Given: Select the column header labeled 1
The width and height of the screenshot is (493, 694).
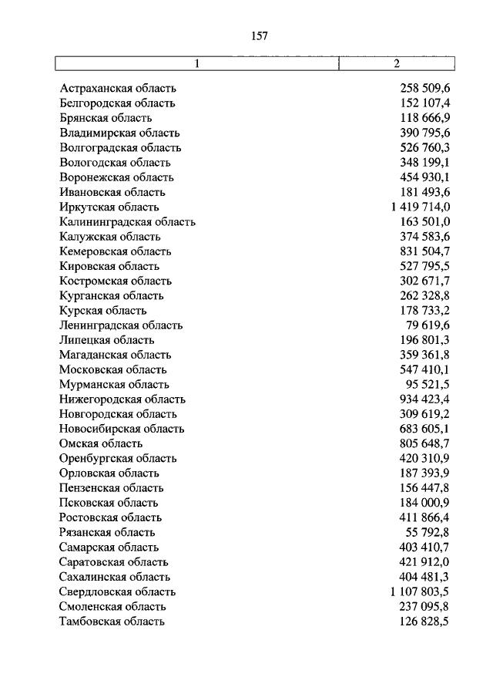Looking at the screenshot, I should [x=197, y=64].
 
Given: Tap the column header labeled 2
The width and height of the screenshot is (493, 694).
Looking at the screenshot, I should [x=396, y=64].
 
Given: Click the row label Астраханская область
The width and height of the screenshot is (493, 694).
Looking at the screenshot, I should [x=118, y=89].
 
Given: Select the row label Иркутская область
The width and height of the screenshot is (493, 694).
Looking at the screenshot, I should [x=109, y=207].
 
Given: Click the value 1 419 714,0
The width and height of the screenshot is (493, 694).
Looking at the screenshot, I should [x=420, y=207].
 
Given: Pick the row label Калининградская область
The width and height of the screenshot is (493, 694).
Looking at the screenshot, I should [x=127, y=222].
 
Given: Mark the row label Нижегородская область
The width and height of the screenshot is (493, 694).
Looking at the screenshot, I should [x=122, y=399].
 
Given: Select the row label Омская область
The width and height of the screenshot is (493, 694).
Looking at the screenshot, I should [x=101, y=443].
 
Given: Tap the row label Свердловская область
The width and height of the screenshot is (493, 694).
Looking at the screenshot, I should [x=117, y=591].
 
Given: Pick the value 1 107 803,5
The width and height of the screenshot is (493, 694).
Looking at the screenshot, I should [x=420, y=591].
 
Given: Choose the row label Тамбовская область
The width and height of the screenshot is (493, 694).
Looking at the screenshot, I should [x=112, y=621].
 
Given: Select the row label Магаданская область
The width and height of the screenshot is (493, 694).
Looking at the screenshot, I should [x=115, y=355].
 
